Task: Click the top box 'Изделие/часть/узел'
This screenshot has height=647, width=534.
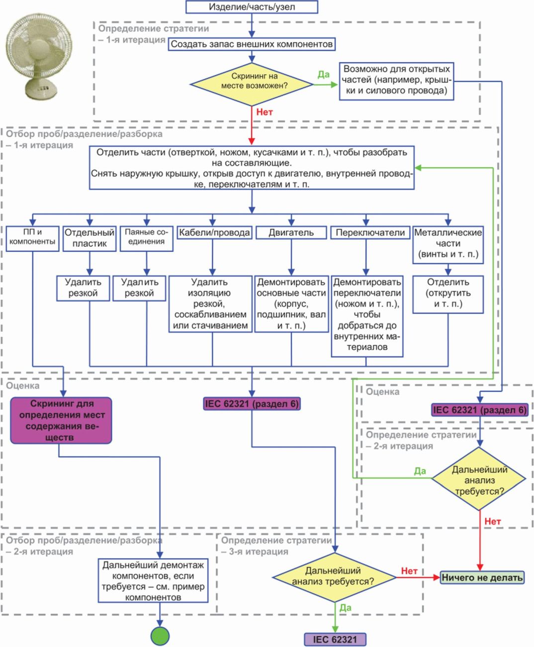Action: point(252,7)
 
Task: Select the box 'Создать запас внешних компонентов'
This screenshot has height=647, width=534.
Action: point(252,44)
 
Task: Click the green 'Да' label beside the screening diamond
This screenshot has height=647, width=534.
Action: point(324,75)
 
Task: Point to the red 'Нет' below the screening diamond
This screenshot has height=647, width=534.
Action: point(265,112)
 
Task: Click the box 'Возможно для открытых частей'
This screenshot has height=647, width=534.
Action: point(396,80)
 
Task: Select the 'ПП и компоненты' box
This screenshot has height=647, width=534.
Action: point(32,238)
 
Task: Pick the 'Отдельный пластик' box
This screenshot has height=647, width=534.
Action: point(89,238)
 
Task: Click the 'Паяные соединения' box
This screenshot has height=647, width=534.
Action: point(146,238)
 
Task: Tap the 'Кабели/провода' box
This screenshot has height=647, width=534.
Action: point(214,232)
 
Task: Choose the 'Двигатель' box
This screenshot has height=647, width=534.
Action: point(291,232)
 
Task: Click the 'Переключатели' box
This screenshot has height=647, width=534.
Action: point(370,232)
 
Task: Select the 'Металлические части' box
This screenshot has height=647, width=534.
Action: point(448,243)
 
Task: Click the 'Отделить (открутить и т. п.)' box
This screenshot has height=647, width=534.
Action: point(448,294)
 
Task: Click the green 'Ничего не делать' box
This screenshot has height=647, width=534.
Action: point(482,577)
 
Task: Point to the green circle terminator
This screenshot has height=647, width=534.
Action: point(160,636)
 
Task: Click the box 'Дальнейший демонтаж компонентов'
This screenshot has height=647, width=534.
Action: point(153,581)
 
